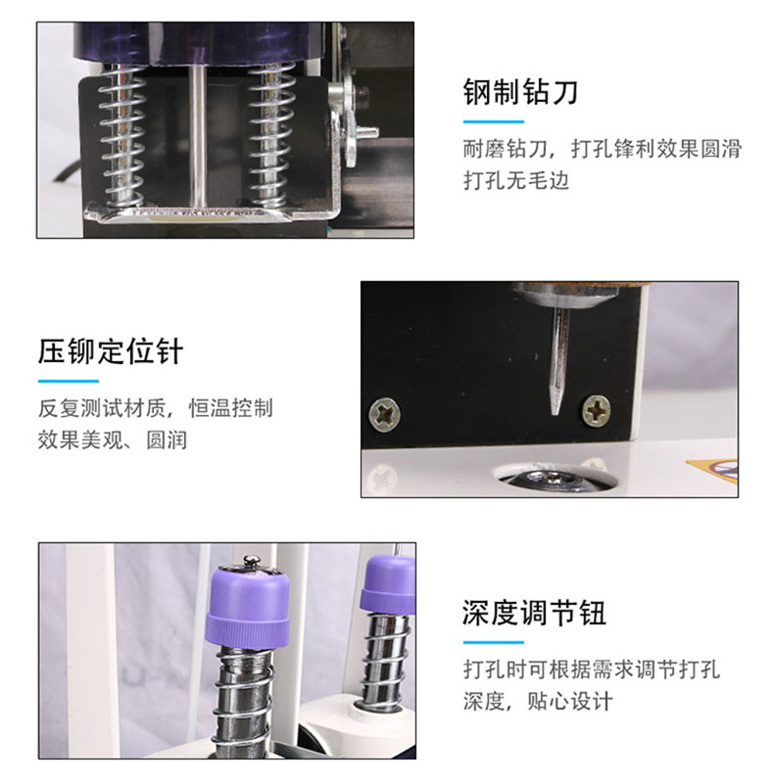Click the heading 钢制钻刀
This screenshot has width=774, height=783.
point(520,92)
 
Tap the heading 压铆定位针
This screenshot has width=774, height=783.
point(111,351)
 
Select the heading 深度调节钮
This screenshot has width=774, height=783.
point(534,613)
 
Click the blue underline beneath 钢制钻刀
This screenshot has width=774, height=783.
point(494,121)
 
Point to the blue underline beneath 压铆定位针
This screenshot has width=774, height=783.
point(69,381)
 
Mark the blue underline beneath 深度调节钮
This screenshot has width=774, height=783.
point(494,642)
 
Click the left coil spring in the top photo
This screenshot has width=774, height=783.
point(122,135)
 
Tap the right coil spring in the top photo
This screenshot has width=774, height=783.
point(270,135)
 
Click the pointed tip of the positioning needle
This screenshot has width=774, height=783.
point(555,413)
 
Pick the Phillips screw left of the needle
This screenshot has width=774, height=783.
point(384,413)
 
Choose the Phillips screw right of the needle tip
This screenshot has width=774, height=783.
point(596,411)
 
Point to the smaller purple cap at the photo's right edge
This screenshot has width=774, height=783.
point(389,584)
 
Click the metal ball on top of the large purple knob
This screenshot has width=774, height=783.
point(252,562)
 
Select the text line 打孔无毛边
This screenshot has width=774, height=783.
point(516,180)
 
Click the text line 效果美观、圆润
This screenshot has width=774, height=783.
point(113,439)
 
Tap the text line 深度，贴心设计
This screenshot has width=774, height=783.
point(538,701)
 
